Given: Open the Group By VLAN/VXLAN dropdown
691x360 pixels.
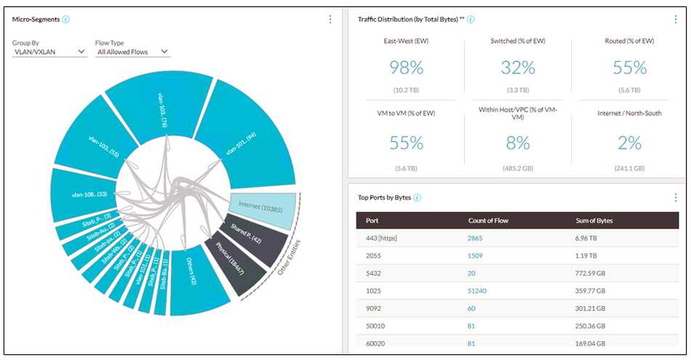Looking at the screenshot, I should pyautogui.click(x=49, y=52).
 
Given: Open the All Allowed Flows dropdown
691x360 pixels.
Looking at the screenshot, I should pyautogui.click(x=132, y=52).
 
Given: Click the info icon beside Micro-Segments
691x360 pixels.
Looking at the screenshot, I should pyautogui.click(x=66, y=19).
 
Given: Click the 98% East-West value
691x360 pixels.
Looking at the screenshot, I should pyautogui.click(x=406, y=68).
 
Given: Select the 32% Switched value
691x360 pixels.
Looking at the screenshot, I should pyautogui.click(x=517, y=68).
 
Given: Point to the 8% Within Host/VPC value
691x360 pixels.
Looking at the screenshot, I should pyautogui.click(x=517, y=143).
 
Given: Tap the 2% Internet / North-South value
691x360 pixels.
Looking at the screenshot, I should pyautogui.click(x=629, y=143).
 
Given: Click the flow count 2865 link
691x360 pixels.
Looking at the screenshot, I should pyautogui.click(x=476, y=238).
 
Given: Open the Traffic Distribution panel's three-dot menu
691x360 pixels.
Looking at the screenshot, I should pyautogui.click(x=676, y=20).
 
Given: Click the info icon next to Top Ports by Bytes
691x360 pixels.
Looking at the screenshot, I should pyautogui.click(x=418, y=198).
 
